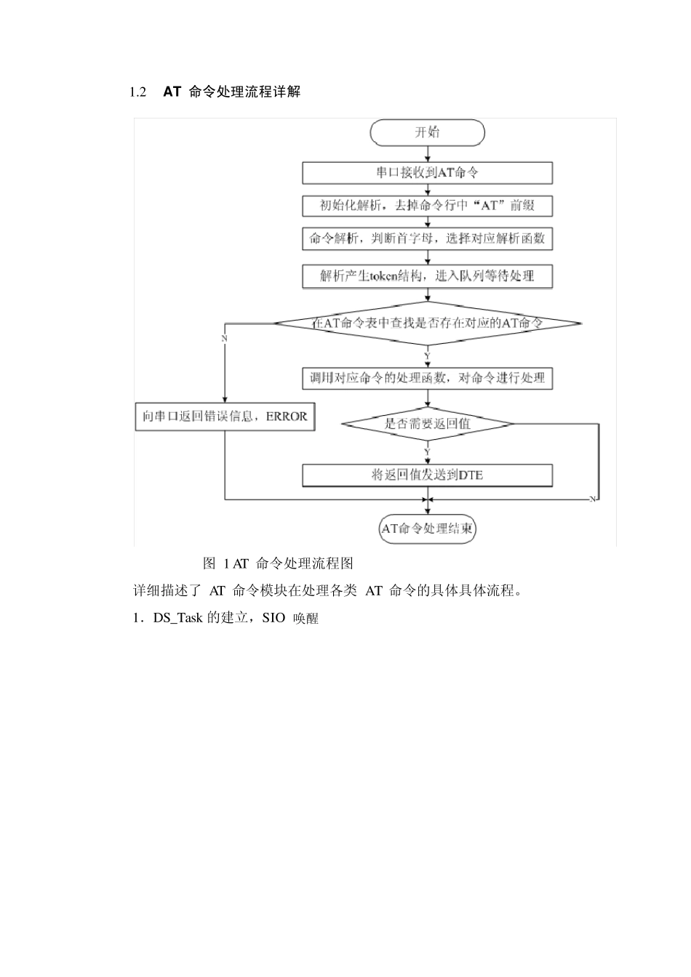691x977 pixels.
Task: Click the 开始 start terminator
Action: pyautogui.click(x=427, y=132)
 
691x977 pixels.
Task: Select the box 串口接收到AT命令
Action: pyautogui.click(x=427, y=172)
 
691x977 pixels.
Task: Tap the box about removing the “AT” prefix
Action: pyautogui.click(x=427, y=205)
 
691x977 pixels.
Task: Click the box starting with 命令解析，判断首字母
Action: pyautogui.click(x=427, y=238)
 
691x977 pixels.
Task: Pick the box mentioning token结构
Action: pyautogui.click(x=427, y=276)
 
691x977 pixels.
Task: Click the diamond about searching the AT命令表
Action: pyautogui.click(x=427, y=323)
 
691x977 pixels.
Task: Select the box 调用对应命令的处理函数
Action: pyautogui.click(x=427, y=378)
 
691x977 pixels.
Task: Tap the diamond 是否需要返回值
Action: pyautogui.click(x=427, y=424)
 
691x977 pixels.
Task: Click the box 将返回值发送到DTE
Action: pyautogui.click(x=427, y=475)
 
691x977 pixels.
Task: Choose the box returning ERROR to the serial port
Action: pyautogui.click(x=225, y=417)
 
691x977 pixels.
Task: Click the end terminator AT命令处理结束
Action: pyautogui.click(x=427, y=528)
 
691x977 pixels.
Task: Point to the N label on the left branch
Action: pyautogui.click(x=224, y=339)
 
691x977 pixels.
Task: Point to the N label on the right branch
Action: pyautogui.click(x=592, y=499)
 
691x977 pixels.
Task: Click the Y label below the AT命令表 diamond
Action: pyautogui.click(x=428, y=355)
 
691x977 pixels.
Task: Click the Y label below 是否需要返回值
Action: pyautogui.click(x=428, y=451)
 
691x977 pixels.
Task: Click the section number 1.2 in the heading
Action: pyautogui.click(x=138, y=92)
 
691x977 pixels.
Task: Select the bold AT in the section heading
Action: pyautogui.click(x=172, y=92)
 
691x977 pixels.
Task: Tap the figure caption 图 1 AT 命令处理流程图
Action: pyautogui.click(x=278, y=563)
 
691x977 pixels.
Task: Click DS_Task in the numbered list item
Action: pyautogui.click(x=177, y=619)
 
